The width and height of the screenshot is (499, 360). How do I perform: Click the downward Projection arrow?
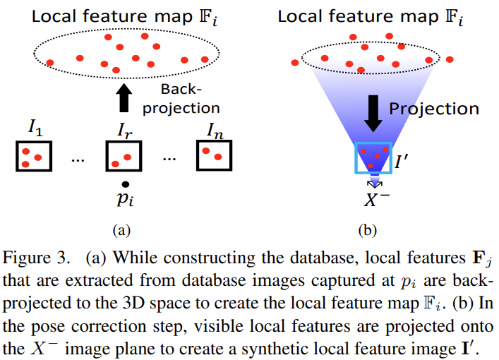[x=373, y=112]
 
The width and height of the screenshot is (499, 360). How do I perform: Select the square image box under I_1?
[x=33, y=155]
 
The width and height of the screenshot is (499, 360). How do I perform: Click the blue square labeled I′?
[x=373, y=157]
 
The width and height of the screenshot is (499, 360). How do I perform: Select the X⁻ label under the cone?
[x=378, y=200]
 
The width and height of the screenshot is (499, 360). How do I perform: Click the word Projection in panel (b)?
[x=434, y=108]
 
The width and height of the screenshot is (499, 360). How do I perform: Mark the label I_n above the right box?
[x=216, y=129]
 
